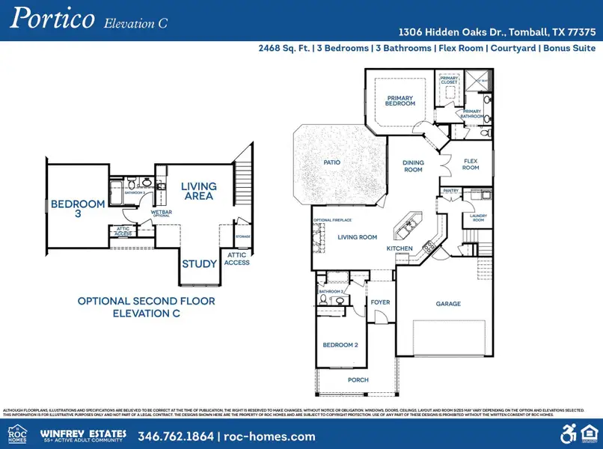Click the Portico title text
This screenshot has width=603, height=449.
pyautogui.click(x=51, y=19)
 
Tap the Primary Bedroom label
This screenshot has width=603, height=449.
pyautogui.click(x=400, y=100)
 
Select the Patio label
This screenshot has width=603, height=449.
pyautogui.click(x=333, y=162)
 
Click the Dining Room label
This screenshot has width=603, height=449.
pyautogui.click(x=413, y=166)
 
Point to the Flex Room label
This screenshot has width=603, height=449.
pyautogui.click(x=470, y=165)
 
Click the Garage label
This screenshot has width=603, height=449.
pyautogui.click(x=448, y=304)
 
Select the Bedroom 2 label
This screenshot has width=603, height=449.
pyautogui.click(x=340, y=345)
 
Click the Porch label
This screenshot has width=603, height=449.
pyautogui.click(x=358, y=379)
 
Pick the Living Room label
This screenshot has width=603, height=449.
pyautogui.click(x=358, y=237)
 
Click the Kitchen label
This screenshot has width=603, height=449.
pyautogui.click(x=400, y=248)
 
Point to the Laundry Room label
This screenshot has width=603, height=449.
pyautogui.click(x=478, y=218)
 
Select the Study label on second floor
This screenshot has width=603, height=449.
pyautogui.click(x=199, y=264)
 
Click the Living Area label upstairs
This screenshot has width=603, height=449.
pyautogui.click(x=198, y=191)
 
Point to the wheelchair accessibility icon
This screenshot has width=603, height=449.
pyautogui.click(x=568, y=433)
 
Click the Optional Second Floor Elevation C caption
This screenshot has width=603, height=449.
pyautogui.click(x=146, y=307)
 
